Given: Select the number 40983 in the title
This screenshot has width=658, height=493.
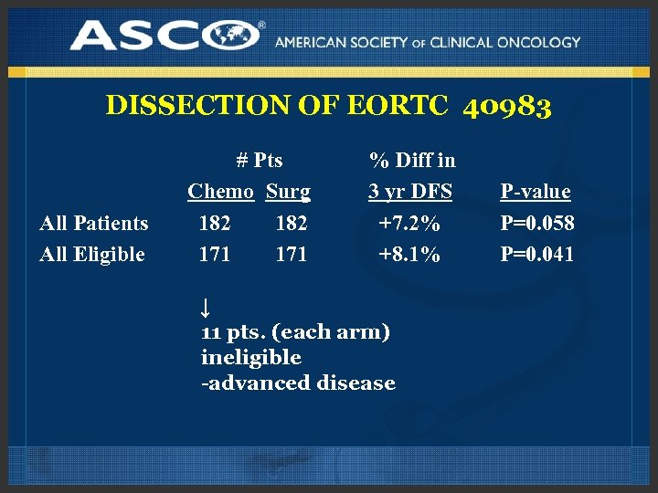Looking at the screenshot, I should [x=507, y=107].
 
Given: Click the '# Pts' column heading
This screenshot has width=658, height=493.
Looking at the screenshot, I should [x=260, y=161].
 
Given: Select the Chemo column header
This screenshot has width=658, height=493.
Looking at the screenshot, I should [x=220, y=192].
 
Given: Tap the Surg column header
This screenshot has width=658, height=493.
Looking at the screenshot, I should [x=288, y=192].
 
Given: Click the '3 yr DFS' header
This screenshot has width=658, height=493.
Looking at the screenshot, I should [x=411, y=192].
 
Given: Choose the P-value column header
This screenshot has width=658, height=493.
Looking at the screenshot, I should [x=536, y=192].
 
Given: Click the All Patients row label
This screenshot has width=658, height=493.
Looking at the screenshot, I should [x=94, y=223].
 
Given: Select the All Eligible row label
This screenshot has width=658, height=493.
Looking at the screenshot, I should [x=92, y=254].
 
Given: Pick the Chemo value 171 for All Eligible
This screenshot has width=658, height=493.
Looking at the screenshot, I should [x=215, y=254].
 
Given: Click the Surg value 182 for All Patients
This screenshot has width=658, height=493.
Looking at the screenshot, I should [x=292, y=223].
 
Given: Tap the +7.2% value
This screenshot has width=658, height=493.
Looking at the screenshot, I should [x=409, y=223].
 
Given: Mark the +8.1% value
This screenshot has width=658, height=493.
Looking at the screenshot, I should [x=409, y=254].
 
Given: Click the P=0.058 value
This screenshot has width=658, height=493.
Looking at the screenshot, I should [x=537, y=223].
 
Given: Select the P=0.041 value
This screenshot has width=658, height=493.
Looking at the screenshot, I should [x=537, y=254].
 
